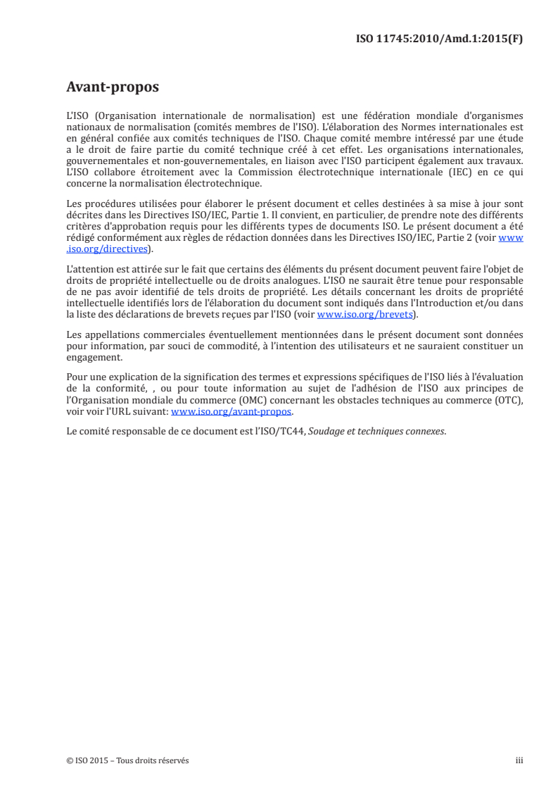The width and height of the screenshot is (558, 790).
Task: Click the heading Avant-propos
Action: pyautogui.click(x=112, y=87)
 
